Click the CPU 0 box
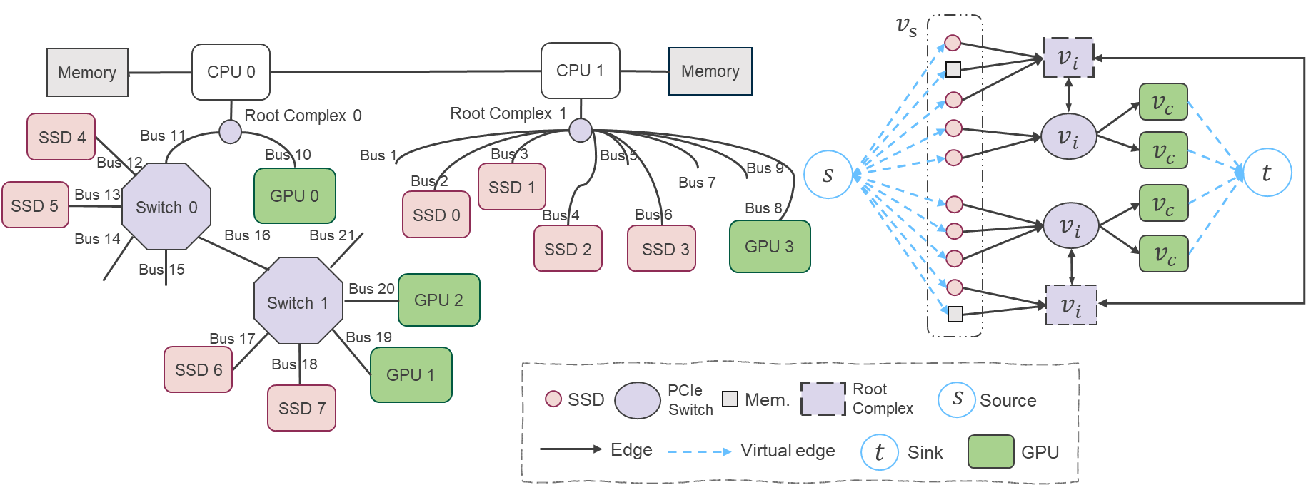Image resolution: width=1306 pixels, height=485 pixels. coord(231,72)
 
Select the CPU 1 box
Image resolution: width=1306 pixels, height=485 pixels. coord(580,71)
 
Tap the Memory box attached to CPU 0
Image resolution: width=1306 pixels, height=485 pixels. coord(87,73)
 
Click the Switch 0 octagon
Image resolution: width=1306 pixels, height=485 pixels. coord(166,207)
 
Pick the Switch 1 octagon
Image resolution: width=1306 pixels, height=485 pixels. coord(298,302)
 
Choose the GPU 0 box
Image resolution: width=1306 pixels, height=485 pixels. coord(294,195)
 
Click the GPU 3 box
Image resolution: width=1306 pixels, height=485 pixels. coord(769,247)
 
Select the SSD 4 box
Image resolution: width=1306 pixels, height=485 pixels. coord(61,137)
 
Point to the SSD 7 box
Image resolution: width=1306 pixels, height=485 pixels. coord(301,408)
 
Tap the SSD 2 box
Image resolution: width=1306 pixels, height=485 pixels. coord(568,249)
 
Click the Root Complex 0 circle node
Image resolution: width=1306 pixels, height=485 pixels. coord(230,132)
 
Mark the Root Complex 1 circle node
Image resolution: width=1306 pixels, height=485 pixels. coord(580,131)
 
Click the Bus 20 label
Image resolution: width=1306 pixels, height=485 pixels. coord(371,289)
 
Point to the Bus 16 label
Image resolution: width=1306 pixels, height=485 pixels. coord(247,235)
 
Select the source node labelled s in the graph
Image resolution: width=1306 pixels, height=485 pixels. coord(828,175)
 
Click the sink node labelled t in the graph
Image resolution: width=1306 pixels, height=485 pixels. coord(1267,173)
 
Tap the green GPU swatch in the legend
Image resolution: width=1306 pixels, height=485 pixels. coord(990,451)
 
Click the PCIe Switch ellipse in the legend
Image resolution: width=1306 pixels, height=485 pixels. coord(638,400)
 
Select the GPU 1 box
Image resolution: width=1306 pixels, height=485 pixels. coord(411,374)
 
